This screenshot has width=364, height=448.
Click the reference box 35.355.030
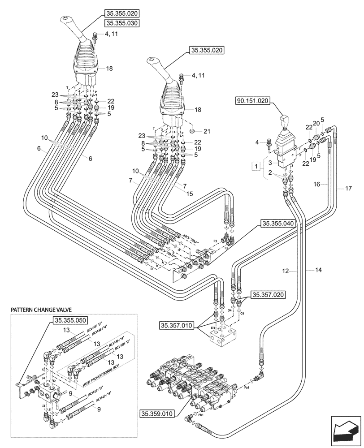[x=121, y=23]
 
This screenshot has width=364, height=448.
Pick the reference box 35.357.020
[x=268, y=294]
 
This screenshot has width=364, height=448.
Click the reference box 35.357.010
[x=177, y=324]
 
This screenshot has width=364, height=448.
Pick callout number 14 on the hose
[x=319, y=271]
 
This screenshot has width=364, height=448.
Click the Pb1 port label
[x=201, y=415]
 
